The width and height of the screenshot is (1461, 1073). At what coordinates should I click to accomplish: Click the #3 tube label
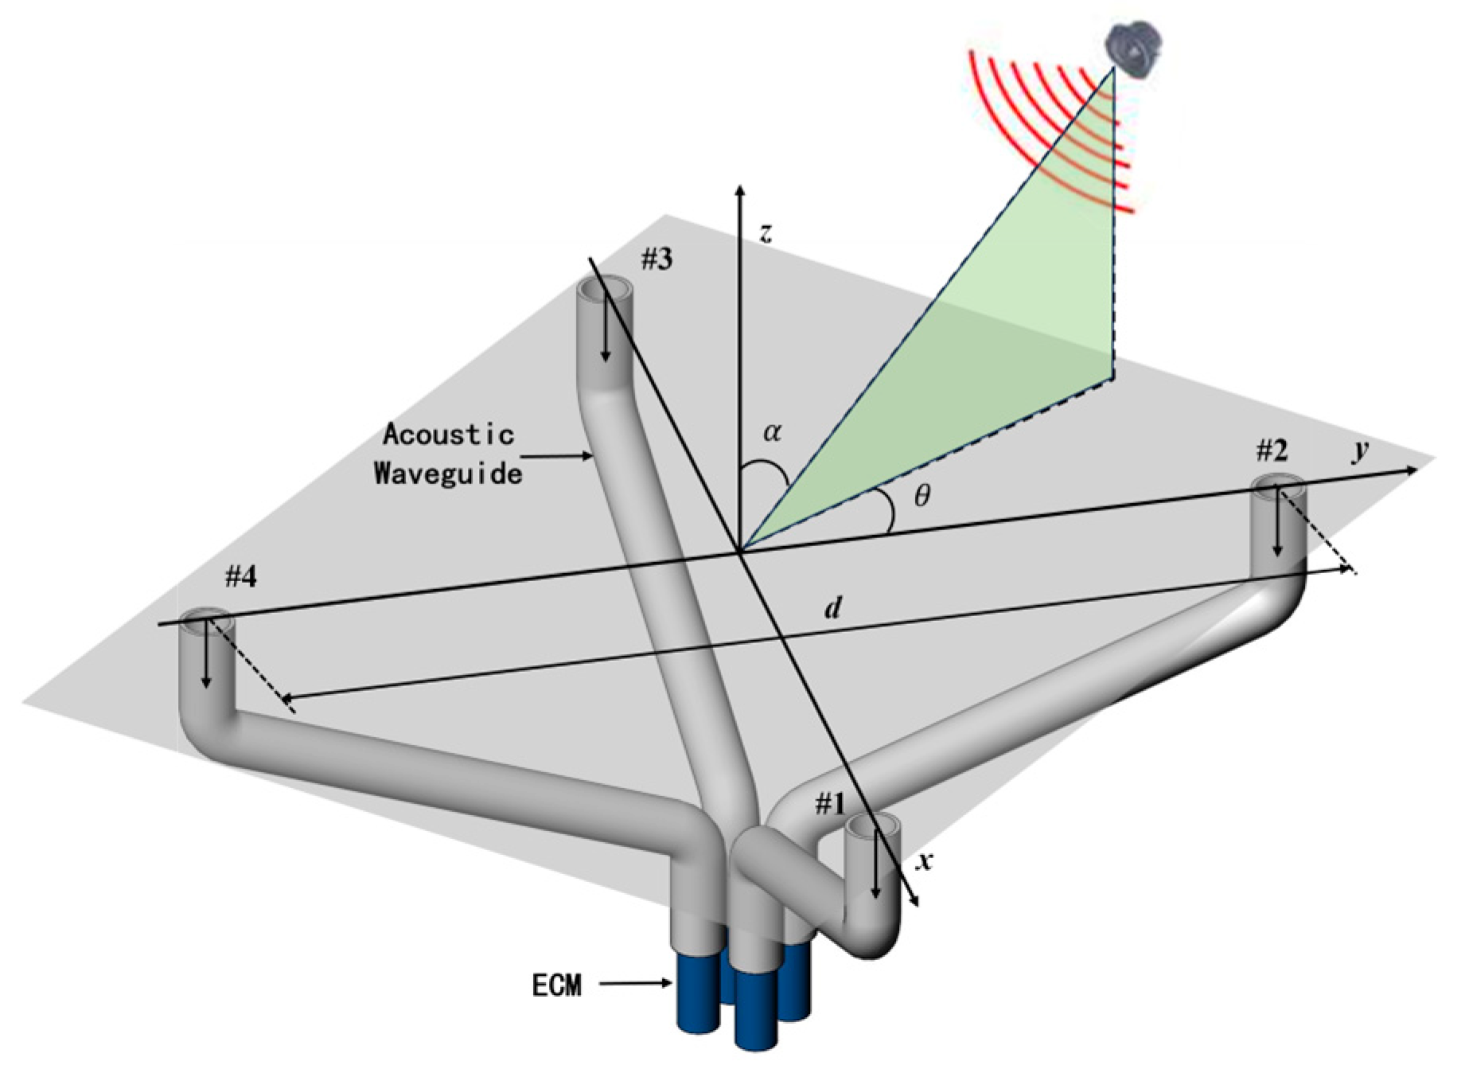pyautogui.click(x=656, y=259)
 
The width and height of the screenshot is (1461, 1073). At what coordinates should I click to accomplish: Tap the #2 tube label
pyautogui.click(x=1272, y=451)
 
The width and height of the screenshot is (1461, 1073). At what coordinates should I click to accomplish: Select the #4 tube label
pyautogui.click(x=240, y=577)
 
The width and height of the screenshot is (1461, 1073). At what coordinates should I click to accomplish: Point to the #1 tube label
pyautogui.click(x=829, y=806)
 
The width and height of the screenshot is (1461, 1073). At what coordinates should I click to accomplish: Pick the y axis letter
pyautogui.click(x=1360, y=450)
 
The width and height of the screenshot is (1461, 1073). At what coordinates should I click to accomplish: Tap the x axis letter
pyautogui.click(x=924, y=861)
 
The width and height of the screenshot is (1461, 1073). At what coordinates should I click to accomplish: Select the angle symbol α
pyautogui.click(x=772, y=432)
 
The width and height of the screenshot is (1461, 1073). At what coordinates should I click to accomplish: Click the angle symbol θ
pyautogui.click(x=921, y=497)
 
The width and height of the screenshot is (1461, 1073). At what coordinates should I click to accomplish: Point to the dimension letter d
pyautogui.click(x=832, y=608)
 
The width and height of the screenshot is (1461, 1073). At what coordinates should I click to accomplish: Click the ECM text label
pyautogui.click(x=556, y=985)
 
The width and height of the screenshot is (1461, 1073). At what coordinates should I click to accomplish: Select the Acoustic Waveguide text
pyautogui.click(x=449, y=454)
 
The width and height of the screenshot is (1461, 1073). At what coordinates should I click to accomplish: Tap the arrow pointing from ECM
pyautogui.click(x=637, y=984)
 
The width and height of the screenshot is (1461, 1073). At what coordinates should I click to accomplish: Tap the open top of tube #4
pyautogui.click(x=206, y=621)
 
